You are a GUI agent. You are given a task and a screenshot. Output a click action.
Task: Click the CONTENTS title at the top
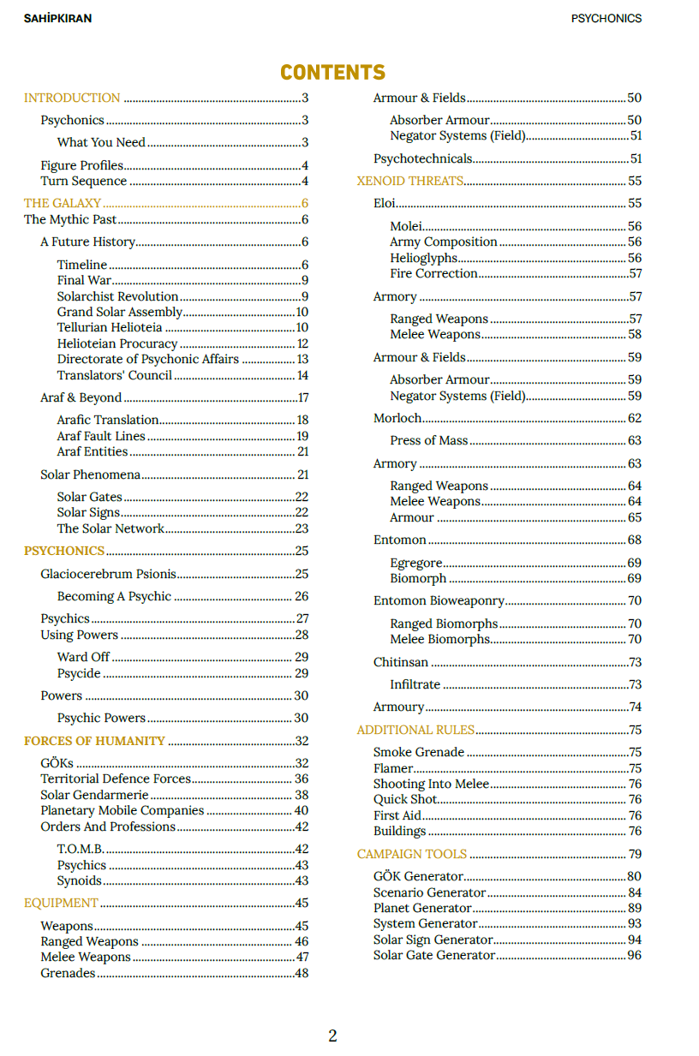[x=332, y=72]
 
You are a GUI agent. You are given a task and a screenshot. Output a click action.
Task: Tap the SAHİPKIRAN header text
[x=57, y=18]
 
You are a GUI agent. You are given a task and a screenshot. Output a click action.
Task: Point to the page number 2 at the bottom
[x=332, y=1035]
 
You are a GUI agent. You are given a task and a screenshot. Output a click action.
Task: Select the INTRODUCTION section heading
[x=72, y=98]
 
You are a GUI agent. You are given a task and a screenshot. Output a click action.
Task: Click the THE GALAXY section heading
[x=63, y=203]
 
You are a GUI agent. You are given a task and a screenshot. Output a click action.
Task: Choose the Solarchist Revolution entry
[x=117, y=296]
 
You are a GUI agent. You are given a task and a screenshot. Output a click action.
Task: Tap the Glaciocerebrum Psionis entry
[x=107, y=574]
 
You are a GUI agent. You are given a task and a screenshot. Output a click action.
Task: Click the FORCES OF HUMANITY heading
[x=94, y=741]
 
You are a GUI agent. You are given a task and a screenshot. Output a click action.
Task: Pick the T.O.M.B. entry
[x=81, y=849]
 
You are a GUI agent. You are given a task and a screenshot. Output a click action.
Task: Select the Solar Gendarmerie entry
[x=94, y=795]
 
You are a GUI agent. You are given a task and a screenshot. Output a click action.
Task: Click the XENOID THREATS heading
[x=410, y=181]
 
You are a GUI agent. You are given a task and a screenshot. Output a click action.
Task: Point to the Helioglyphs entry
[x=424, y=258]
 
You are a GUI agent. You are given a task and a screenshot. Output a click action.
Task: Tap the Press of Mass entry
[x=429, y=440]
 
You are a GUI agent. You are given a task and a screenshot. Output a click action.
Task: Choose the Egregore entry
[x=416, y=563]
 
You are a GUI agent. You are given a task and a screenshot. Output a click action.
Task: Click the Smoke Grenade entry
[x=419, y=752]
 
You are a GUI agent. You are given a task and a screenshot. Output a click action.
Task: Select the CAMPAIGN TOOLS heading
[x=412, y=854]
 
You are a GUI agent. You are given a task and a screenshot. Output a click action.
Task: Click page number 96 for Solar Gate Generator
[x=634, y=955]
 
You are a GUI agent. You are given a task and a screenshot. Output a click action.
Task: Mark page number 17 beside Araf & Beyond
[x=302, y=397]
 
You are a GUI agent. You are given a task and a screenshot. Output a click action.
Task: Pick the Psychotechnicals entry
[x=422, y=158]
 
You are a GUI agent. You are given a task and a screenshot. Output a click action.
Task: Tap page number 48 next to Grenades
[x=301, y=973]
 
